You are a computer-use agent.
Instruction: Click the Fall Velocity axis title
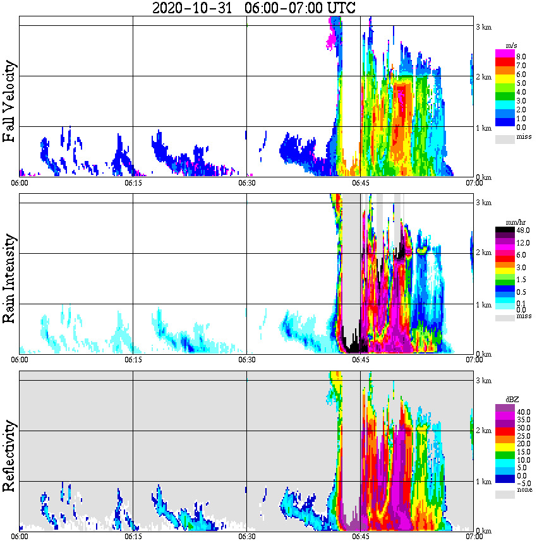click(x=9, y=102)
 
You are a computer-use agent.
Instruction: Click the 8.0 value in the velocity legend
click(x=521, y=56)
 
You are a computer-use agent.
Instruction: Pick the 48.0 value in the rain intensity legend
click(x=522, y=230)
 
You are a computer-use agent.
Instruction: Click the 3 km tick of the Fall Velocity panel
click(x=483, y=26)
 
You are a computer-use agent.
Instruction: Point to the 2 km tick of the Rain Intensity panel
click(x=483, y=253)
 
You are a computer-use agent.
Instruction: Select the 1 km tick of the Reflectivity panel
click(x=483, y=482)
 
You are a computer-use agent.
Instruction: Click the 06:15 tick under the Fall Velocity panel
click(x=133, y=183)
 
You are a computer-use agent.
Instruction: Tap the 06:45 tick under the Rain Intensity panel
click(x=360, y=359)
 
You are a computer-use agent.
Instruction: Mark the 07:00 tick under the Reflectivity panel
click(x=474, y=537)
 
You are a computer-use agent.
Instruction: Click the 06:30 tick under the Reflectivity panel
click(x=246, y=537)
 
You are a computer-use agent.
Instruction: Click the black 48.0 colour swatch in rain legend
click(x=505, y=230)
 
